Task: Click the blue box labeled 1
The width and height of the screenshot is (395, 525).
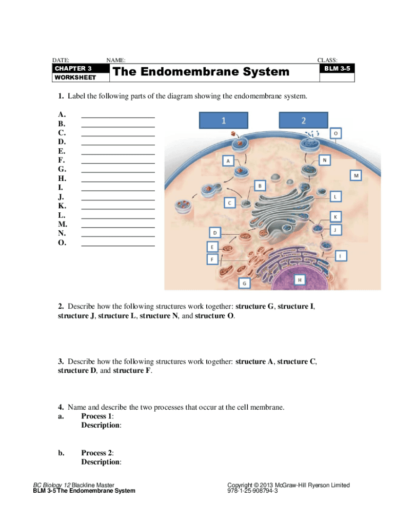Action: (224, 120)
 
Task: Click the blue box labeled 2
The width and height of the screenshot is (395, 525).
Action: (303, 120)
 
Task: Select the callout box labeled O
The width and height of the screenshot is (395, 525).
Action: (335, 133)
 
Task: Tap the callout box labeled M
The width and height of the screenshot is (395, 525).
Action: (355, 175)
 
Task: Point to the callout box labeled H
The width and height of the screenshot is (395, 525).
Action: (300, 279)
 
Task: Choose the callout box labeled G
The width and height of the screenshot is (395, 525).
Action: (244, 283)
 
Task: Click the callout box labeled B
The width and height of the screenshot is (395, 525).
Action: (260, 185)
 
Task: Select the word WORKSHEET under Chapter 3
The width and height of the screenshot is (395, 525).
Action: (75, 77)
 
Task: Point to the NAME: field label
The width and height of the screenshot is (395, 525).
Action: (115, 60)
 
